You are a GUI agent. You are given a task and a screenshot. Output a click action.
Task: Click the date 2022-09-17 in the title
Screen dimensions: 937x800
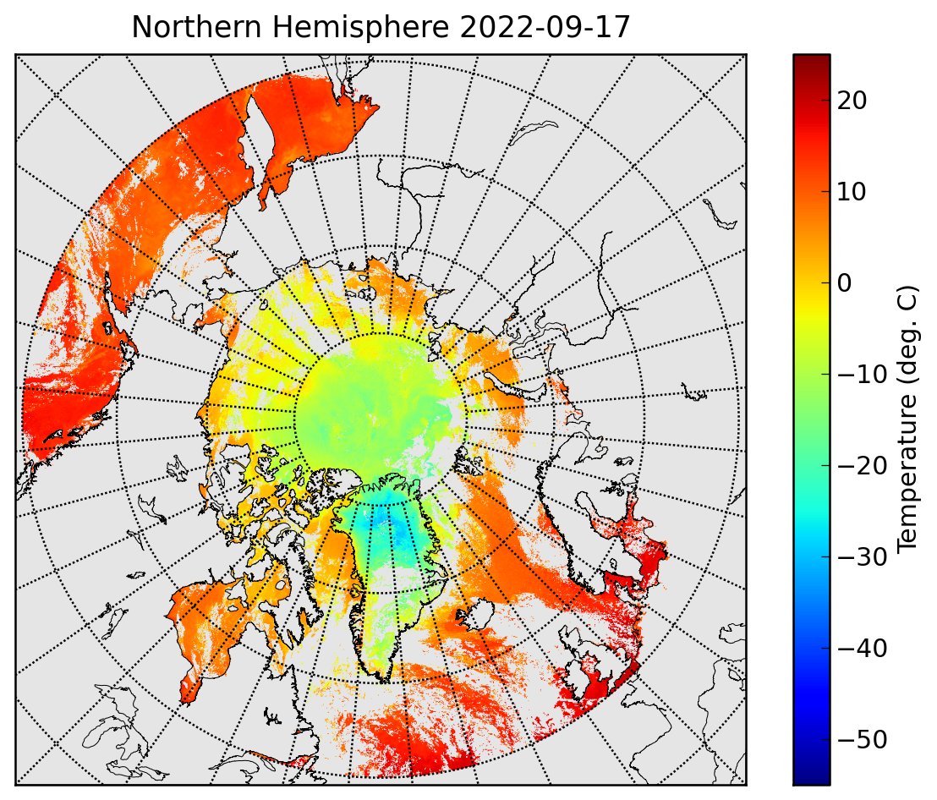(545, 27)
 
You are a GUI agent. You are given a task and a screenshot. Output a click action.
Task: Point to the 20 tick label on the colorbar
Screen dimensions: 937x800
(852, 101)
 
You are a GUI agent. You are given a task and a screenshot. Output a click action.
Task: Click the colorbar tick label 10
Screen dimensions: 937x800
(852, 192)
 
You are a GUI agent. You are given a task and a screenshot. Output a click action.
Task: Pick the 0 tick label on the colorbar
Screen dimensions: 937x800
(844, 283)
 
